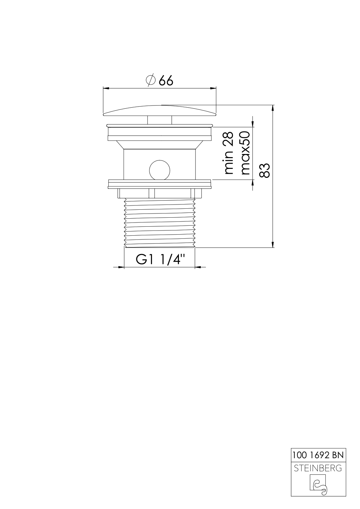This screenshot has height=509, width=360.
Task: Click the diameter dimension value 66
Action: point(166,80)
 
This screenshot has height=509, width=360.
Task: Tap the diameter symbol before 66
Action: point(151,80)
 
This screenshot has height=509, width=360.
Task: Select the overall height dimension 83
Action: point(264,170)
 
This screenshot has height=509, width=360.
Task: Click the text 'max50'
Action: point(245,153)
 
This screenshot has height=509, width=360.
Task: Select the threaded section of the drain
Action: point(160,222)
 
